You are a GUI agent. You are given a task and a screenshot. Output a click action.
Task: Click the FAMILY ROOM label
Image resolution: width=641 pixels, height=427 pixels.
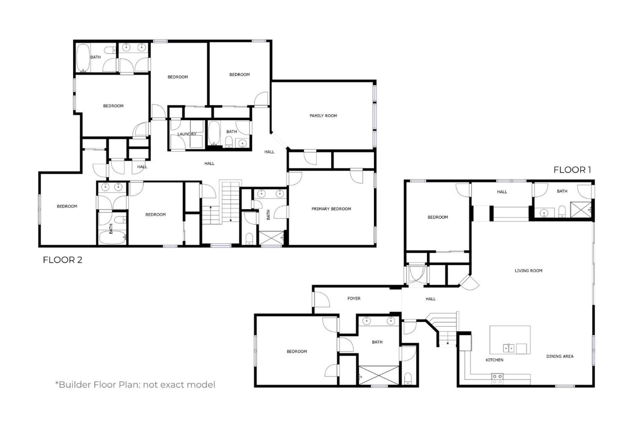tap(323, 116)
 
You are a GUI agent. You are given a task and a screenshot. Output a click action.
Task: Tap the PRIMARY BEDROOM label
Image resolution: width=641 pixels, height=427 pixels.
tap(331, 209)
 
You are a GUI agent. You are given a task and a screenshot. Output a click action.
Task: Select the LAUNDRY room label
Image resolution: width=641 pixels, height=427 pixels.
tap(187, 134)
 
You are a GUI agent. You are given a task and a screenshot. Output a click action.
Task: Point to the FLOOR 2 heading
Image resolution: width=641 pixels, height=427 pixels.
tap(62, 260)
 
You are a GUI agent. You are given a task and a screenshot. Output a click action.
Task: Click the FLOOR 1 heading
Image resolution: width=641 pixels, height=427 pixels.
tap(572, 170)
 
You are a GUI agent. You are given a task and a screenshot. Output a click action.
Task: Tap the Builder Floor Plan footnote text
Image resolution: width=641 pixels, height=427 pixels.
tap(135, 385)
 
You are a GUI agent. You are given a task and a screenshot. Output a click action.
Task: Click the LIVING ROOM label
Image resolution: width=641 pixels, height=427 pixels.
tap(528, 271)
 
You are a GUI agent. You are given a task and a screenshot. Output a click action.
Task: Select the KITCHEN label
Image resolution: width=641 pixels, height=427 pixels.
tap(494, 360)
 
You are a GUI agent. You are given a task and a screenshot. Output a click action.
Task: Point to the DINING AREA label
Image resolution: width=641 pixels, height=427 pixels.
tap(560, 356)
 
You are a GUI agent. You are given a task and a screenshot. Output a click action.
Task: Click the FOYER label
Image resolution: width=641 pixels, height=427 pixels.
tap(354, 299)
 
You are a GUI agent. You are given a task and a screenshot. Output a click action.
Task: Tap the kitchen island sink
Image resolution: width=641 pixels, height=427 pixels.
tap(509, 349)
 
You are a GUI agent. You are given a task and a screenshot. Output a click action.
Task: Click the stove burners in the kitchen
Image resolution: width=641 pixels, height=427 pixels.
tap(497, 379)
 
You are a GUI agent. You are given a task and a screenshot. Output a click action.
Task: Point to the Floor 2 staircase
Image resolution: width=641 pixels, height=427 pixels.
tap(221, 202)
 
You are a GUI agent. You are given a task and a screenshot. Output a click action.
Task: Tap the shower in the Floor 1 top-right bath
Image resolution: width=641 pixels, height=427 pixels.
tap(581, 209)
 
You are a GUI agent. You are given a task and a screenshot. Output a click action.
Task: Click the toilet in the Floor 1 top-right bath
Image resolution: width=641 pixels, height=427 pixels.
tap(562, 212)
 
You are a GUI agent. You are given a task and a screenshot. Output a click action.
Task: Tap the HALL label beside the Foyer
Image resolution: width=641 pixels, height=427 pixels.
tap(431, 299)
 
